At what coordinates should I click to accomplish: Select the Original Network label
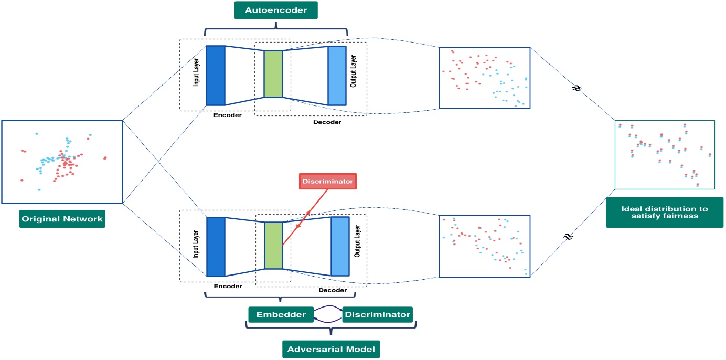62,219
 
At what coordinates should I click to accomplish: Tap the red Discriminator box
327,182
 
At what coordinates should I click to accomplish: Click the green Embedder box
281,314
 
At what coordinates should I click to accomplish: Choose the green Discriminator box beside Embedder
377,314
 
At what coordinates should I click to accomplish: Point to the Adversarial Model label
330,350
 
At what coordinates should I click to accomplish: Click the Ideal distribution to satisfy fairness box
664,212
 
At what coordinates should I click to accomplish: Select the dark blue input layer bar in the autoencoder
215,75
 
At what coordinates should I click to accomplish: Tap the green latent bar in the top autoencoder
273,74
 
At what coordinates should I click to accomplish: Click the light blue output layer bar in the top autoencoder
337,76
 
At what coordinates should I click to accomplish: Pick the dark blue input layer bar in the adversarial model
216,247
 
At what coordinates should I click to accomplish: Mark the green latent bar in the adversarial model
273,246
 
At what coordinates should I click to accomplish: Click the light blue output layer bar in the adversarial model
340,246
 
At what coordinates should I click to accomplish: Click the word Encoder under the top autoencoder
228,115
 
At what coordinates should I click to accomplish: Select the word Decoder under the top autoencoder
327,122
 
